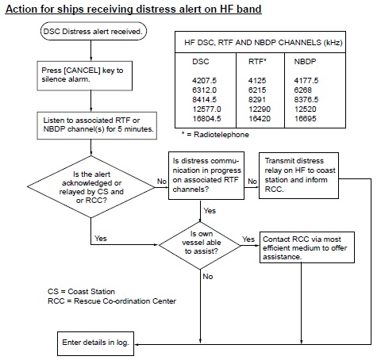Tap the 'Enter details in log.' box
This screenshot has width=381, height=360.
94,342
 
